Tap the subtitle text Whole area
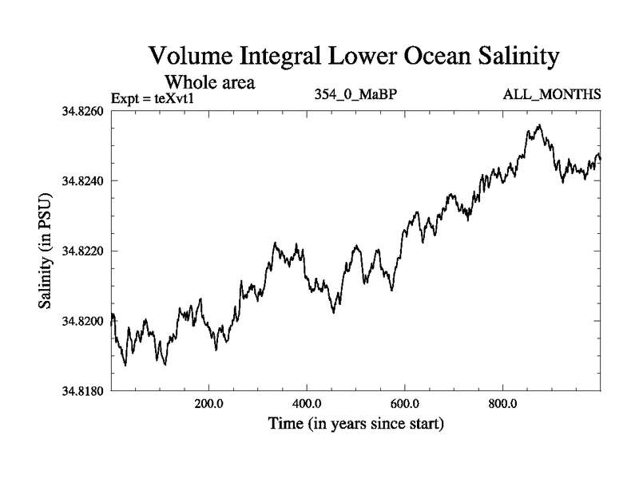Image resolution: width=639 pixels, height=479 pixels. (x=209, y=81)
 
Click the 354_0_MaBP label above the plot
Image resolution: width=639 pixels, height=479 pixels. (x=356, y=95)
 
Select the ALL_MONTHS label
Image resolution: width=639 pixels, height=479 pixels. (x=551, y=95)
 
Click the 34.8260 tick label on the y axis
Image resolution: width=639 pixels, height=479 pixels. (x=82, y=110)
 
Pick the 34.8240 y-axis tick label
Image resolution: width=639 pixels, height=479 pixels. (x=82, y=180)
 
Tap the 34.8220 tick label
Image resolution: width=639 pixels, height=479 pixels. (x=82, y=251)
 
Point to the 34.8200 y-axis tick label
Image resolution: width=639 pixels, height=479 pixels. (x=82, y=321)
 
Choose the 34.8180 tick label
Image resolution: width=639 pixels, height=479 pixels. (x=82, y=391)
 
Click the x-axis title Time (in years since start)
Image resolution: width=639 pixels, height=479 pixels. (x=355, y=423)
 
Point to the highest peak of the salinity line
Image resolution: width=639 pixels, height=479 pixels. (x=541, y=125)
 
